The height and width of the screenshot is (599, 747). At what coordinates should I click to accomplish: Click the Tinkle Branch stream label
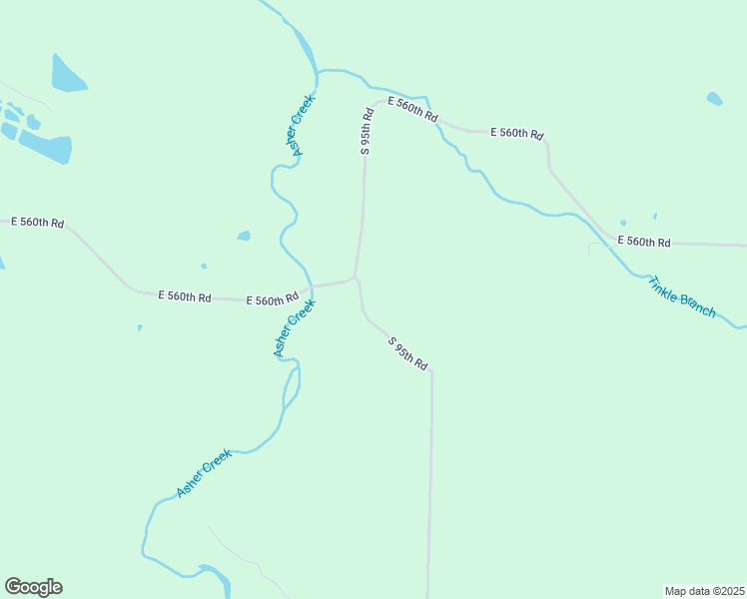[682, 297]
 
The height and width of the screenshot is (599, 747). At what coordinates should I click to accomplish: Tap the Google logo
[33, 587]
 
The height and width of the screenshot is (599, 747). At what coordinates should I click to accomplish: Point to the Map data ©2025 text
[704, 591]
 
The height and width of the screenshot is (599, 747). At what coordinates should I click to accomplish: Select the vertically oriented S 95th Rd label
[367, 131]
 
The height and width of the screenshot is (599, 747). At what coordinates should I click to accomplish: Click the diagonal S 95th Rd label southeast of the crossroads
[407, 354]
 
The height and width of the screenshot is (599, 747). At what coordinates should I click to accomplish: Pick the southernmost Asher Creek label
[205, 473]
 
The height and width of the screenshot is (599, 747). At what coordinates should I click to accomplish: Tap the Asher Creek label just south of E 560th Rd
[295, 329]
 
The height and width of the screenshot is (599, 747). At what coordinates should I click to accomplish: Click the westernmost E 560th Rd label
[37, 222]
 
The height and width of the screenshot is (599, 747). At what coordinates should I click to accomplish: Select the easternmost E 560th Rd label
[643, 242]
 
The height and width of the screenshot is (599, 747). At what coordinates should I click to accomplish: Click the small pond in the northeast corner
[714, 99]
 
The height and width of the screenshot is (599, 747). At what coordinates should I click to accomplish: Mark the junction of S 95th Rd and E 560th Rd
[355, 278]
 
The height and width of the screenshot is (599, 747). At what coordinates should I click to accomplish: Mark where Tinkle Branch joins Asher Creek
[318, 72]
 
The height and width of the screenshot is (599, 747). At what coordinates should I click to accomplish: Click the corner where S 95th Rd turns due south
[431, 373]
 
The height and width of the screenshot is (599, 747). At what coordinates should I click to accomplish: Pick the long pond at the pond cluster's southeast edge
[45, 149]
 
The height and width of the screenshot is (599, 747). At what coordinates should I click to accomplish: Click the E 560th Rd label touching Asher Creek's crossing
[273, 299]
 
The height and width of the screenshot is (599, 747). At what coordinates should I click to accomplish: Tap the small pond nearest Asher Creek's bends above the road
[244, 237]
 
